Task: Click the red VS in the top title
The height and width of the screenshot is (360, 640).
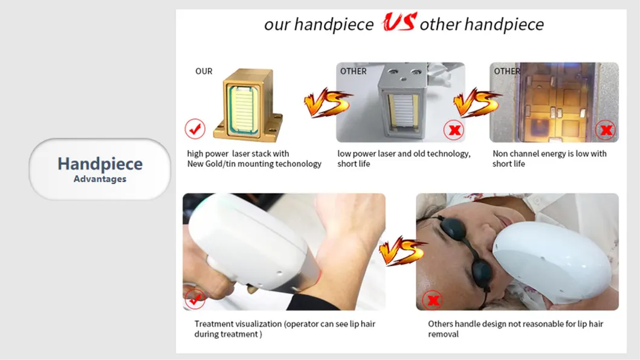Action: pos(398,23)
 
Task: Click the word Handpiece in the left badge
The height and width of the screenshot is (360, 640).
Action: pos(100,164)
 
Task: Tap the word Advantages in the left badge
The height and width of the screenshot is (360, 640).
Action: pos(100,179)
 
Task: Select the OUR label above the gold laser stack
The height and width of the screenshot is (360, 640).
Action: pos(204,71)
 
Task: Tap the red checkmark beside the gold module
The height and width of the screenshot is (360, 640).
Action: pos(195,129)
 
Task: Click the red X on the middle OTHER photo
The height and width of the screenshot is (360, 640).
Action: pos(453,129)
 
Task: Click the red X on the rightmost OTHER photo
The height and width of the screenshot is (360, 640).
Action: pos(605,129)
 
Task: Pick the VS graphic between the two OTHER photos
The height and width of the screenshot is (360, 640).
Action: pos(477,103)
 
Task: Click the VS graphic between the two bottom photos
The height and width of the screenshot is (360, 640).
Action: pos(402,250)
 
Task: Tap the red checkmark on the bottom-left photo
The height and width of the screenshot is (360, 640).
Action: pos(195,298)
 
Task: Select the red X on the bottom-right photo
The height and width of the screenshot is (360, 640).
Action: pos(432,298)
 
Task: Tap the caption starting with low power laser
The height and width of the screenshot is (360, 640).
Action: pos(403,158)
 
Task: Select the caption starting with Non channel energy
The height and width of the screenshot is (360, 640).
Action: pos(549,158)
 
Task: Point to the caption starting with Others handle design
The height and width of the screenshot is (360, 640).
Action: pos(515,329)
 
